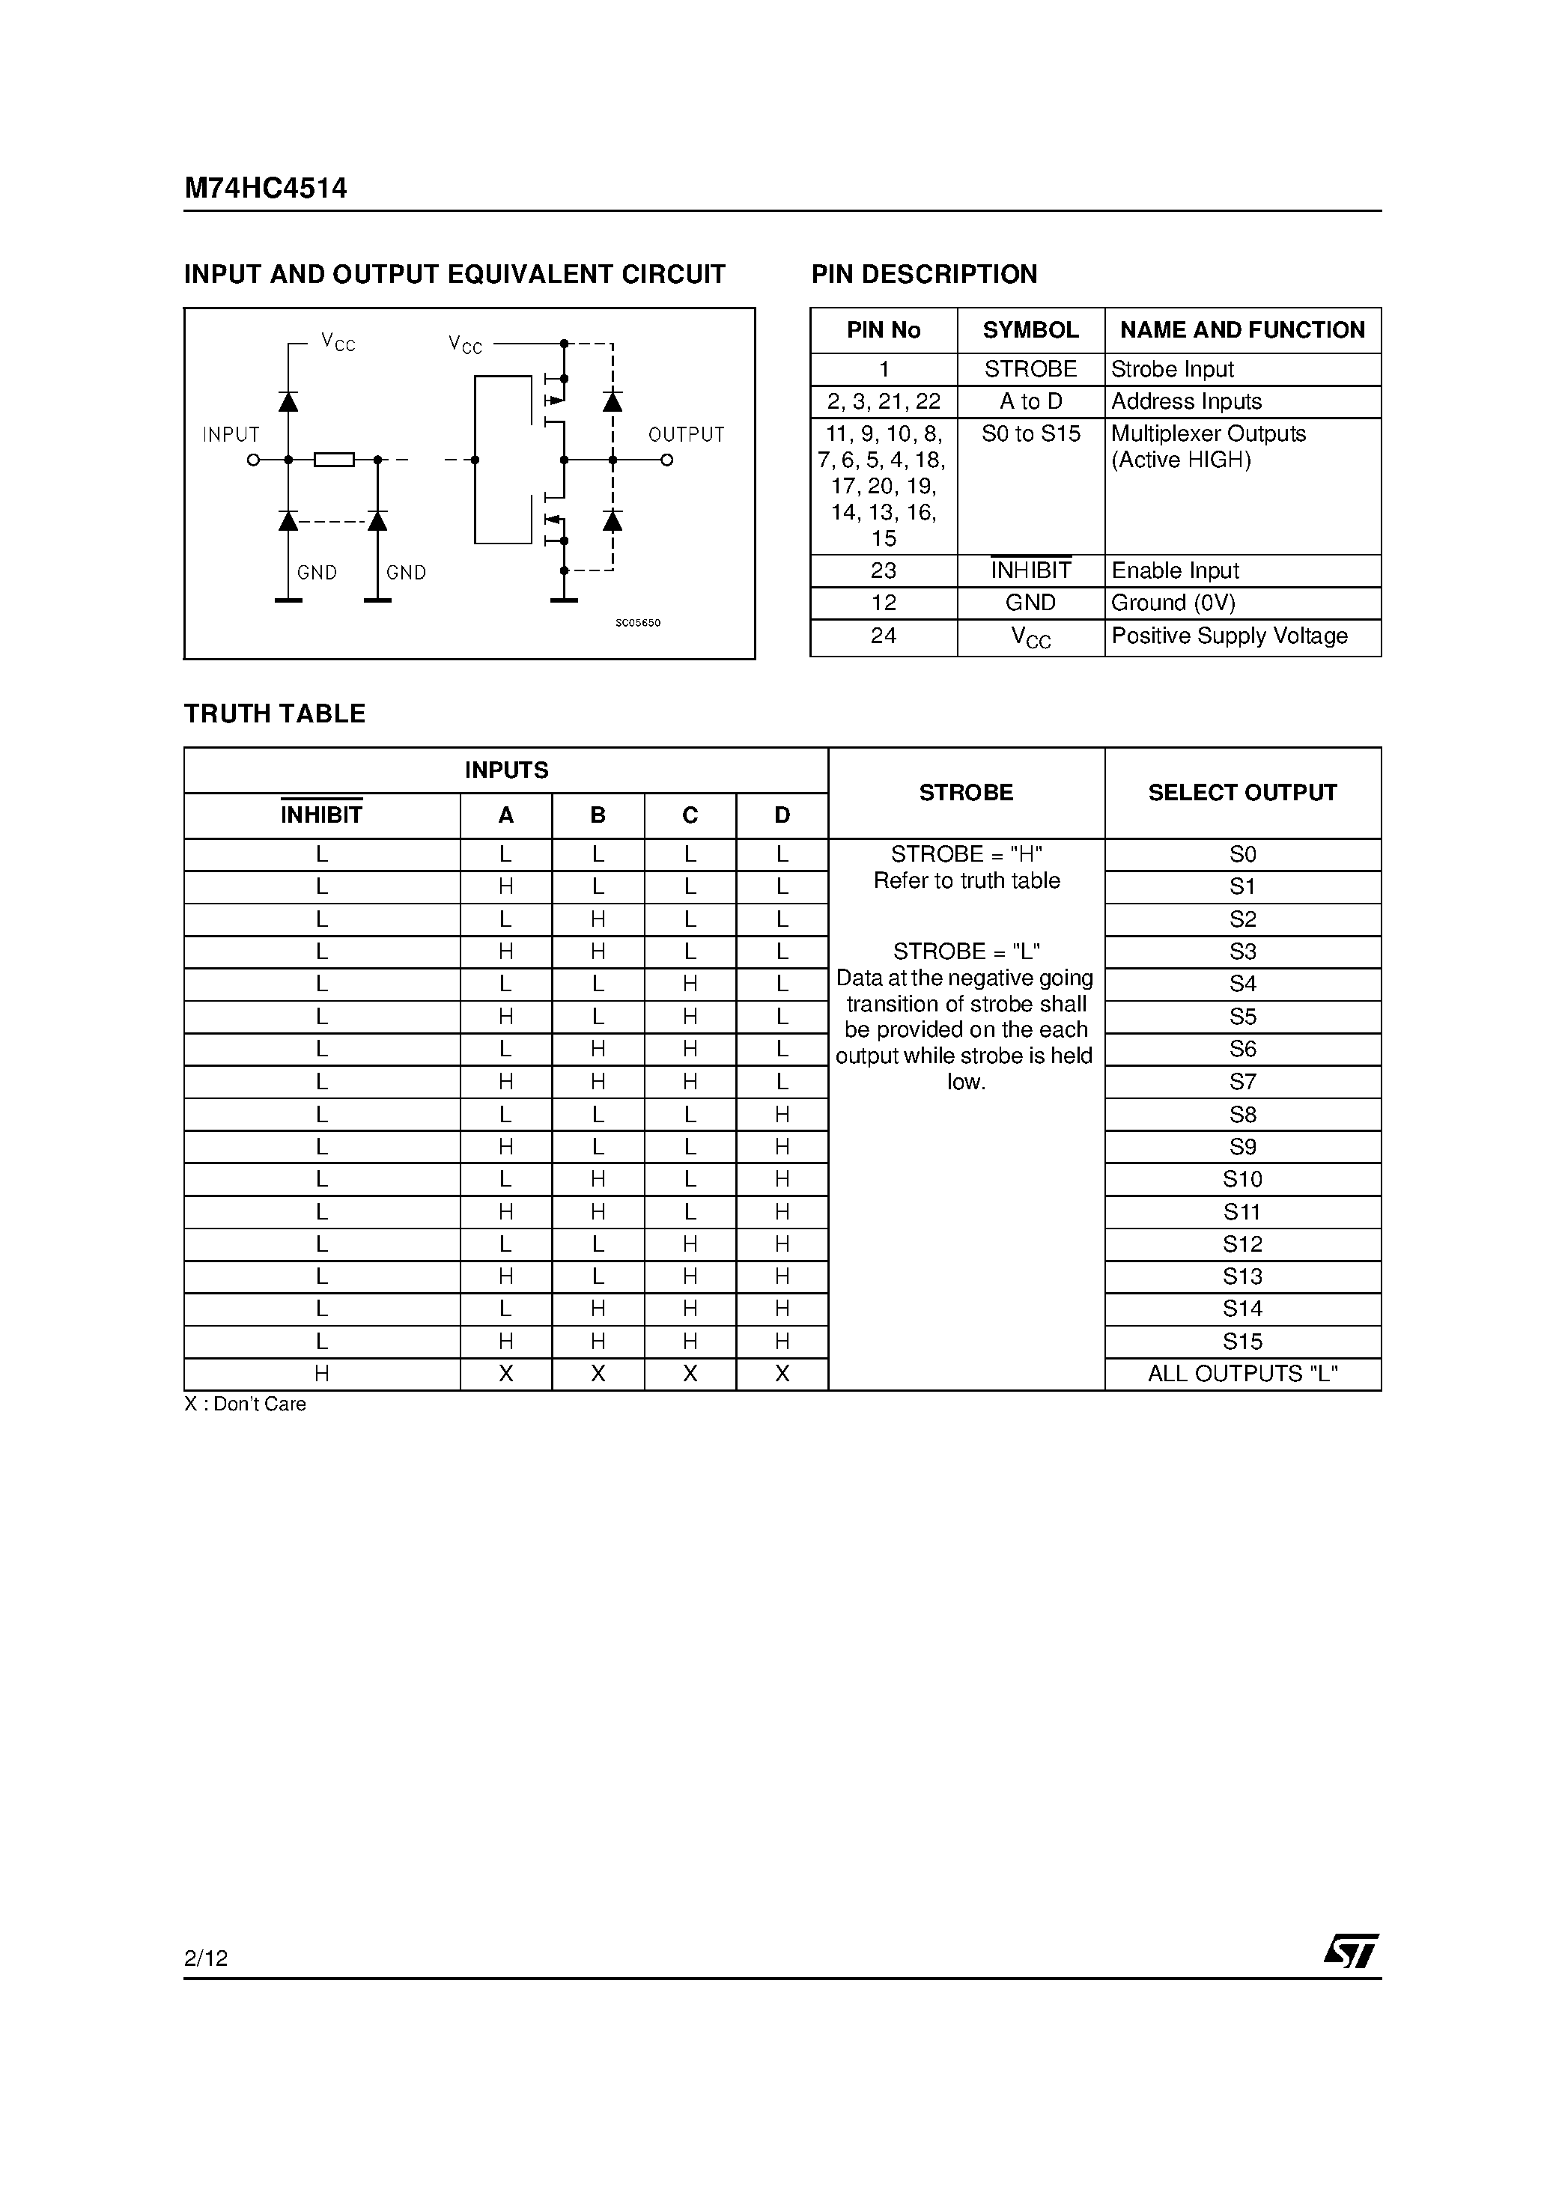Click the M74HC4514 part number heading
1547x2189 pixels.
coord(265,188)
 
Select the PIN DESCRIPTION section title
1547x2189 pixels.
coord(923,275)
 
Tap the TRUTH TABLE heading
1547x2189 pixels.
coord(275,714)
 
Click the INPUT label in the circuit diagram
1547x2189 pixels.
coord(231,435)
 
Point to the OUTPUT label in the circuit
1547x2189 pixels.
coord(686,435)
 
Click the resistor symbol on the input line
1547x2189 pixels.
coord(334,460)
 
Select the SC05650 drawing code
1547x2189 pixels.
coord(637,623)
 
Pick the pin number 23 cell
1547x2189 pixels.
coord(883,571)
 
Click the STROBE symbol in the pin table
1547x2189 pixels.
coord(1030,369)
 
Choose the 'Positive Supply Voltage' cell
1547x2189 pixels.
coord(1229,636)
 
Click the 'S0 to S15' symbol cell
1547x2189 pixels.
coord(1030,433)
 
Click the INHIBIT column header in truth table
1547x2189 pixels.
coord(321,815)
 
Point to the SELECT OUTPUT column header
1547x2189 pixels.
coord(1241,792)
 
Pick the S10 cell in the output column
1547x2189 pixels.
coord(1241,1179)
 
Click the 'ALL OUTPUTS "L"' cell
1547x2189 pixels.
coord(1241,1374)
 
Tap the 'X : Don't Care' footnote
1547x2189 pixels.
coord(245,1404)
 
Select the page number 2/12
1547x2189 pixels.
coord(206,1958)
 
